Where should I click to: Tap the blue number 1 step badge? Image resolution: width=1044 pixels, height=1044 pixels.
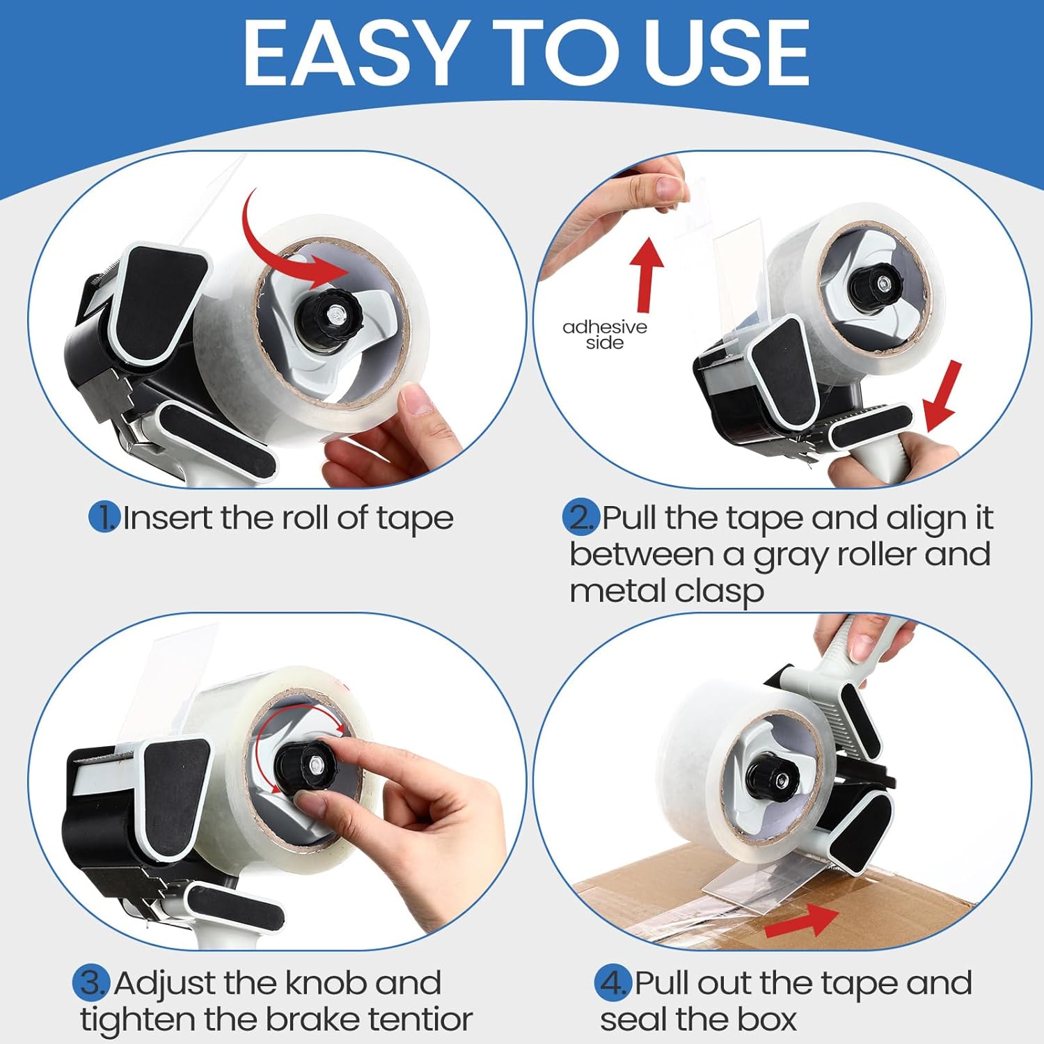click(x=104, y=518)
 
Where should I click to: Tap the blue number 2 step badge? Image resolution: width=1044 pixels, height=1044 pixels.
click(x=580, y=518)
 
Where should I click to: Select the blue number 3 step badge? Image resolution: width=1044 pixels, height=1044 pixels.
click(x=91, y=983)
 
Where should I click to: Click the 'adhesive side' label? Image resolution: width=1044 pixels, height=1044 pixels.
click(x=604, y=335)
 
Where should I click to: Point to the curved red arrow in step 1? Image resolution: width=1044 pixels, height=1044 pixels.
click(x=278, y=244)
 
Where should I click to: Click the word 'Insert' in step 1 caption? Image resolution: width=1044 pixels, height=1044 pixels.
click(x=168, y=518)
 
